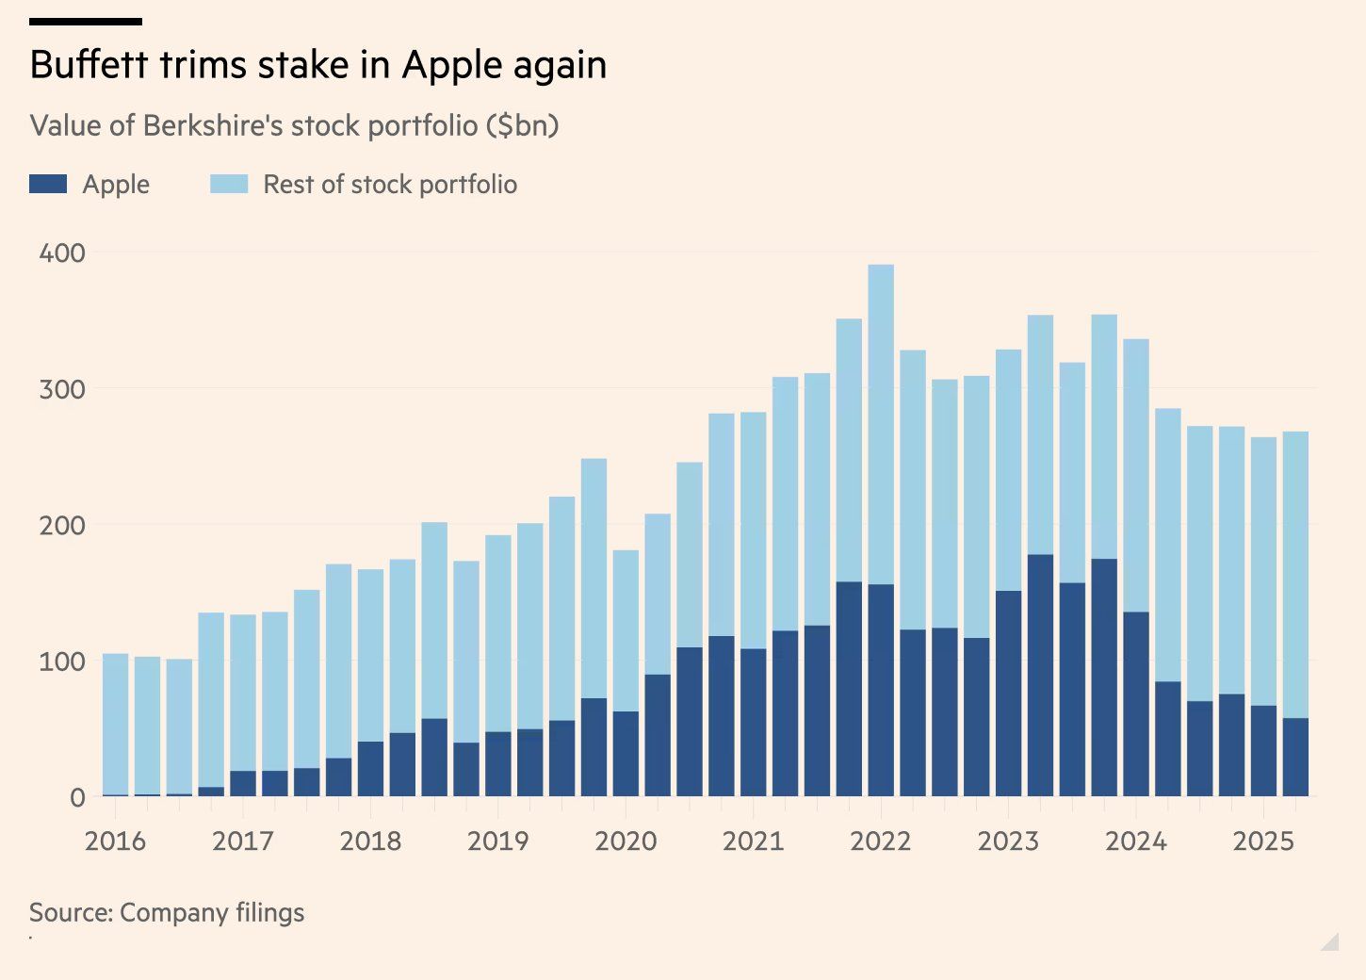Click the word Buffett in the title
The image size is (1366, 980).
[x=89, y=65]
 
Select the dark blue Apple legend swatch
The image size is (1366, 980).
[x=48, y=184]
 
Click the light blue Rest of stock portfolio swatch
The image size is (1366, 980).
[x=229, y=184]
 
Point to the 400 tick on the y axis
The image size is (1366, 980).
[x=62, y=253]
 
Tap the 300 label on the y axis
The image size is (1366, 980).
[x=62, y=389]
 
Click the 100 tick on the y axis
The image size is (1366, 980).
[x=62, y=661]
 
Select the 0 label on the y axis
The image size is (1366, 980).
[x=77, y=797]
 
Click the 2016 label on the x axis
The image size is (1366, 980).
[x=115, y=841]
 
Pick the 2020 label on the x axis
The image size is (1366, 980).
[x=626, y=841]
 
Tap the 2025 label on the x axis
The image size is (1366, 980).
[x=1263, y=841]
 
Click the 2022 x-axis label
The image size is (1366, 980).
[x=880, y=841]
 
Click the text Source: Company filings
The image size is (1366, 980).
[x=167, y=912]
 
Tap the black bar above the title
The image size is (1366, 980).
[x=86, y=21]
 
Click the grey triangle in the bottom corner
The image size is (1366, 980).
[x=1332, y=942]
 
